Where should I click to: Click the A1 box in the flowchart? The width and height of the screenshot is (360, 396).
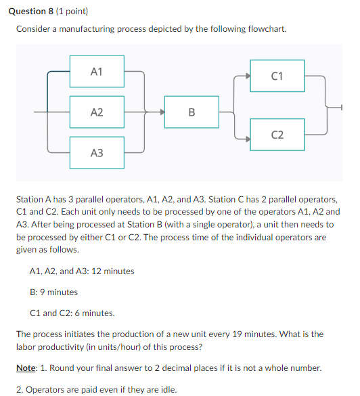pos(97,70)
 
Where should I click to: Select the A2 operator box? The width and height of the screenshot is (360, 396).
pos(97,112)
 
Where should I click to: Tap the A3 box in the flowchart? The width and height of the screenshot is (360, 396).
pos(97,154)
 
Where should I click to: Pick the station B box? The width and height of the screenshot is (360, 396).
pos(192,112)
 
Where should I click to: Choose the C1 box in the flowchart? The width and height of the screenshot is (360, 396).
pos(277,76)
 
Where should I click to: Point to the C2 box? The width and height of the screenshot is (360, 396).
pos(277,135)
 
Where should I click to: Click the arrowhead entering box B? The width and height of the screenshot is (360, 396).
pos(162,112)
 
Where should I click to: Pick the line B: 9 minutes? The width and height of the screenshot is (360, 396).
pos(54,292)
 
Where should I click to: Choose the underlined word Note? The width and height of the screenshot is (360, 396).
pos(26,368)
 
